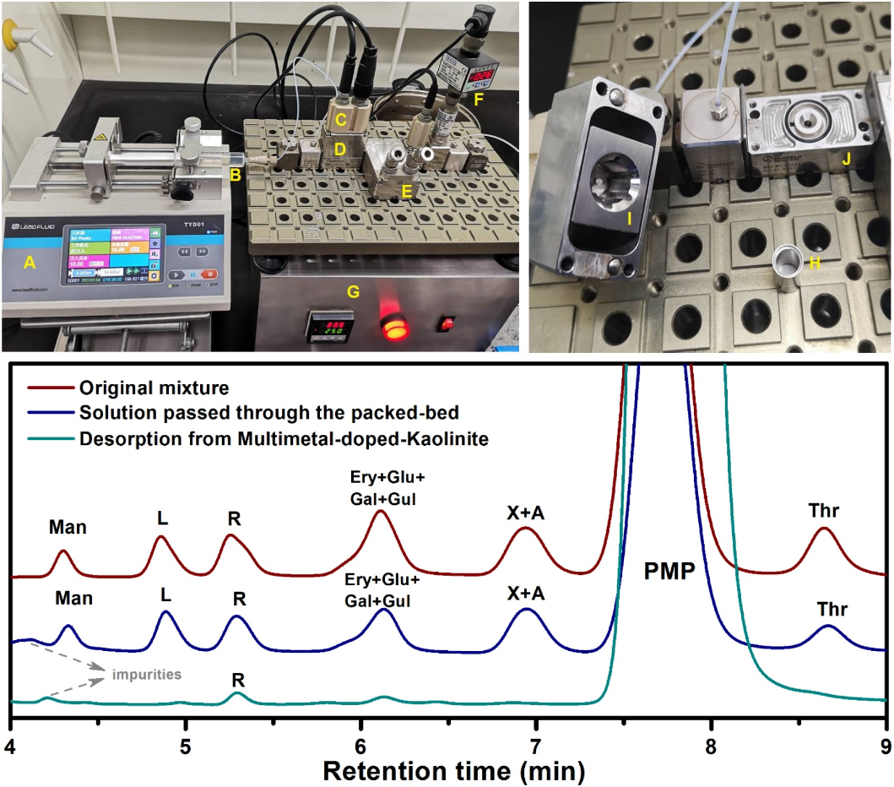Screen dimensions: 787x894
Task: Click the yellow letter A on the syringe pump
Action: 30,263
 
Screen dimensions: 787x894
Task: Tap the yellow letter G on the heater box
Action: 354,292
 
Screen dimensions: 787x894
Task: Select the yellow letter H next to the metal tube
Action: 815,263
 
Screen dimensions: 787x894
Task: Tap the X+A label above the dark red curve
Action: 526,512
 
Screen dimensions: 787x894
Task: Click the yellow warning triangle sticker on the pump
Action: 100,136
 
